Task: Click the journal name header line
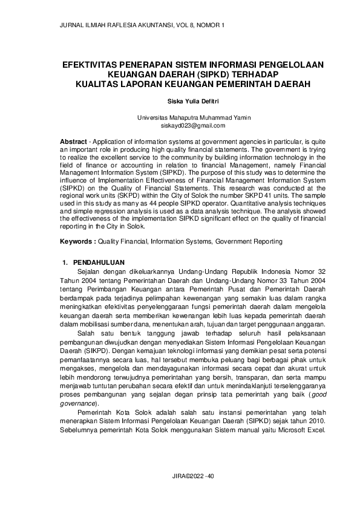142,25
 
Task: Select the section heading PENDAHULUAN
99,263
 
